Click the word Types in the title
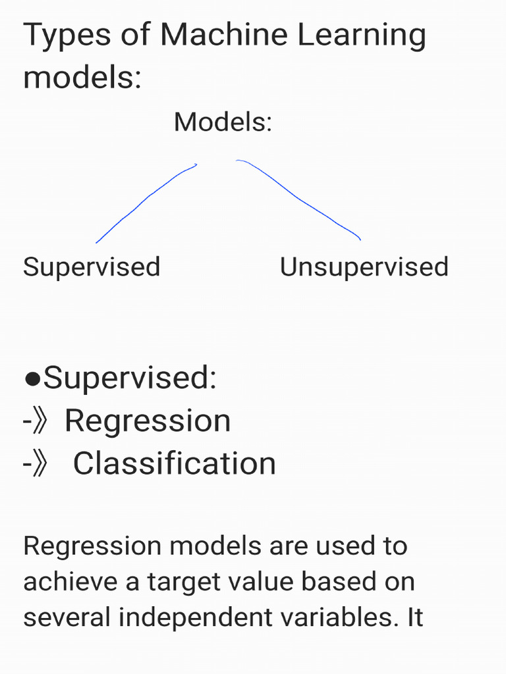click(67, 36)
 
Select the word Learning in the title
click(362, 36)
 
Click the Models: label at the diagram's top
click(223, 122)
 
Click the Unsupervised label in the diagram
click(364, 268)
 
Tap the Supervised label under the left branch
click(92, 268)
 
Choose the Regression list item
click(148, 421)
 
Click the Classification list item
click(174, 463)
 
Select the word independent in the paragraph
click(195, 618)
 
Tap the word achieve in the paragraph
click(70, 581)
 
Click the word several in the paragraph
click(67, 617)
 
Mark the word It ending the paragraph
click(415, 617)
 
